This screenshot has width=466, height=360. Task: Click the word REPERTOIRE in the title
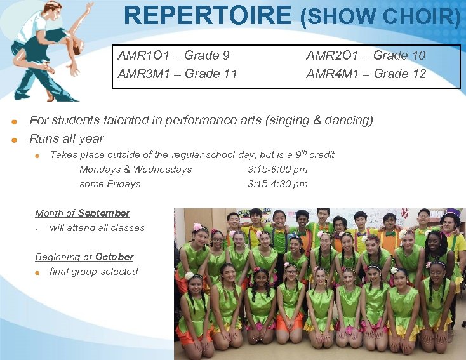pos(208,15)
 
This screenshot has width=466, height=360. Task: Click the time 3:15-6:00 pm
pos(277,170)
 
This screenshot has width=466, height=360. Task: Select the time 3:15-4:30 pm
pos(277,184)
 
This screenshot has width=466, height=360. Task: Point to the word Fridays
pos(124,184)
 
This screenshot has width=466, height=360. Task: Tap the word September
pos(104,213)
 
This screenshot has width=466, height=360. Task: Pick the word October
pos(114,257)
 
